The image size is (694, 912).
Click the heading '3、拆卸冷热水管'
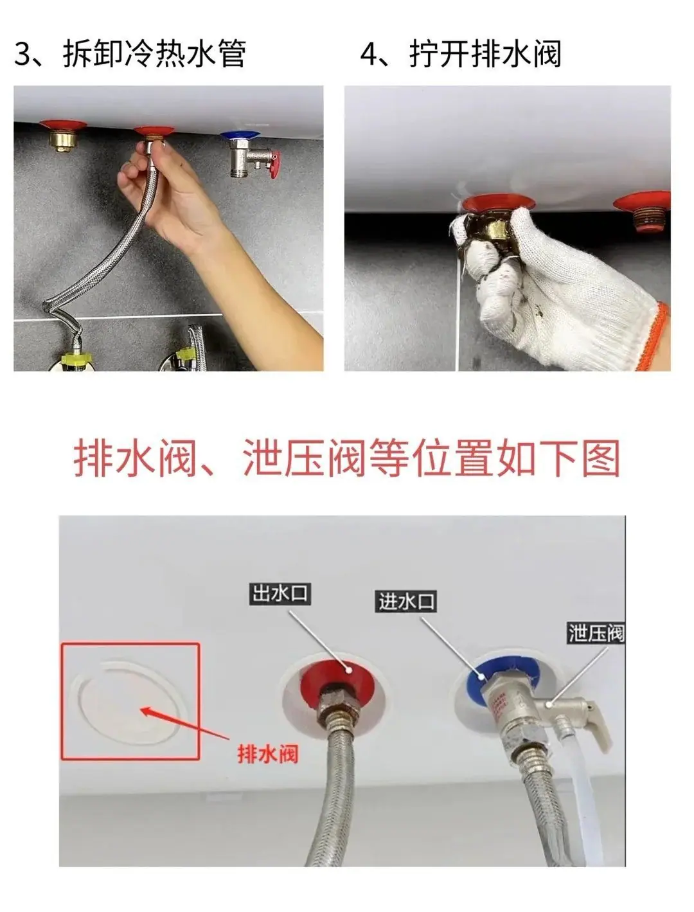[130, 53]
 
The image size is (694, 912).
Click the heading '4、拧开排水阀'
[461, 53]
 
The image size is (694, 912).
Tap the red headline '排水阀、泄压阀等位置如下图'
[347, 458]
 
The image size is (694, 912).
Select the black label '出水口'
[280, 593]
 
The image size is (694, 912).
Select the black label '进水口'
[406, 602]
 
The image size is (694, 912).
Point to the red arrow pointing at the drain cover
[185, 724]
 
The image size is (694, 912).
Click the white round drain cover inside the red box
[129, 702]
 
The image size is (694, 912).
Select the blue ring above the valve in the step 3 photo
[239, 136]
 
